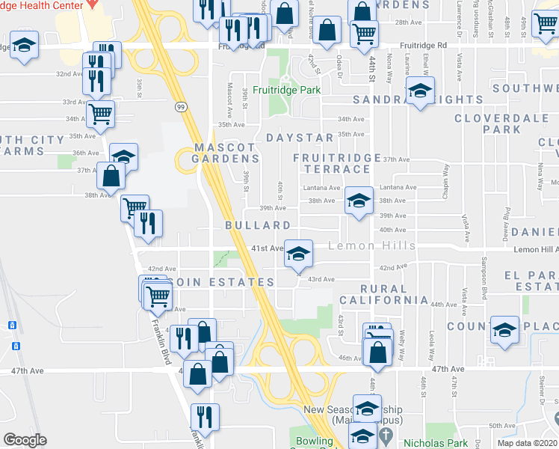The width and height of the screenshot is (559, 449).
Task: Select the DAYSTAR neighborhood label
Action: [x=300, y=138]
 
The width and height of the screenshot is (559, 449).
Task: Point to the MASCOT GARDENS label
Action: [x=226, y=152]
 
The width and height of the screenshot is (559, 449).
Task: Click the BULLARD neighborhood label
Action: [x=258, y=225]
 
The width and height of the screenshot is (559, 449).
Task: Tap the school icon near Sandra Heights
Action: [x=421, y=92]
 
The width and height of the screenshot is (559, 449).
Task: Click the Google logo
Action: [x=25, y=439]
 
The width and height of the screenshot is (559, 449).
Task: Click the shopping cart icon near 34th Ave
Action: [x=99, y=114]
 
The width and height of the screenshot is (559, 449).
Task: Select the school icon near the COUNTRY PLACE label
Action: [x=505, y=329]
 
